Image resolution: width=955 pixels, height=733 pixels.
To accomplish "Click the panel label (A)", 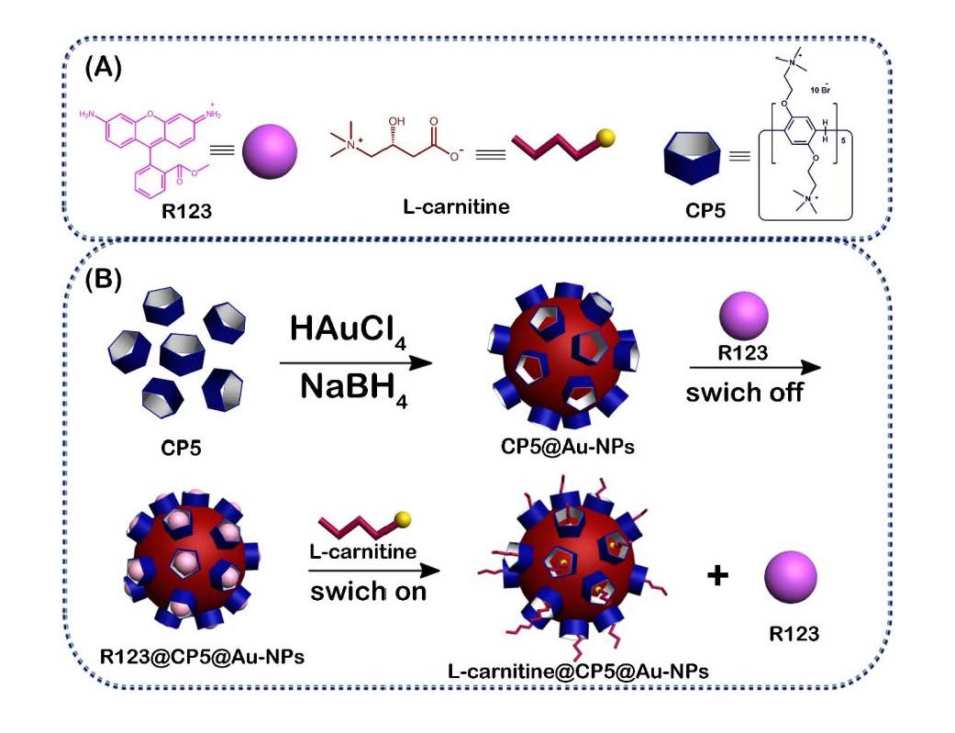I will point(104,70).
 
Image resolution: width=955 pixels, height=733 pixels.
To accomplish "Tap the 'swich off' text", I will point(741,393).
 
